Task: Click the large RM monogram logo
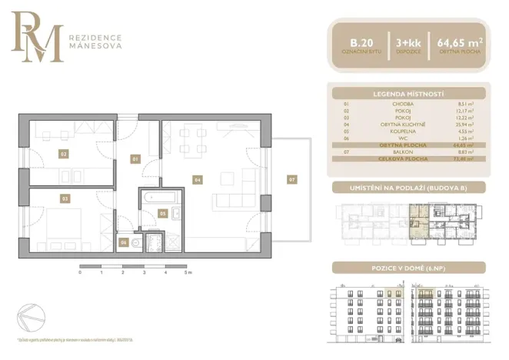point(35,39)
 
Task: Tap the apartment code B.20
point(358,42)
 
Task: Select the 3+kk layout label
point(408,42)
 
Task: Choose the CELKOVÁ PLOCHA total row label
point(408,159)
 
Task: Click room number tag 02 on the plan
point(63,153)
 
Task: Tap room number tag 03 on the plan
point(65,198)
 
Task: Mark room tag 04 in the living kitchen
point(198,180)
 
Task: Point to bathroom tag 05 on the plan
point(162,212)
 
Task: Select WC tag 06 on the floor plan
point(124,242)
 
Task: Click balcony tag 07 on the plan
point(291,179)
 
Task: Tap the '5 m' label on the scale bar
point(188,273)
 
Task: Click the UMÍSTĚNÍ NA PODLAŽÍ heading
point(409,188)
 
